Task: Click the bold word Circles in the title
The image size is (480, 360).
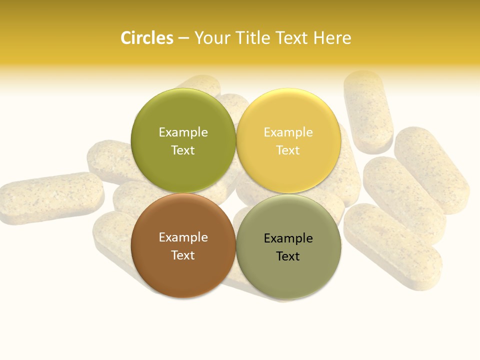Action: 146,38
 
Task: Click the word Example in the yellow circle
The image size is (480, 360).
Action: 288,132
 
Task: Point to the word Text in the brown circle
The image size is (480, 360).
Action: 183,255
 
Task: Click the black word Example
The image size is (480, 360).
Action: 288,238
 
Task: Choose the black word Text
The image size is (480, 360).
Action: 288,256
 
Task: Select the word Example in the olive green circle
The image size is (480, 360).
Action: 183,132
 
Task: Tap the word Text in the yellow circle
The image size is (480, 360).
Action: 288,150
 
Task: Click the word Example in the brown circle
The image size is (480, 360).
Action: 183,237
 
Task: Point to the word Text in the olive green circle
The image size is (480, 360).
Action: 183,150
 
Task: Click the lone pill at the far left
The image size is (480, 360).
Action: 50,197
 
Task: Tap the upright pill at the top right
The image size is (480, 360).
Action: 368,111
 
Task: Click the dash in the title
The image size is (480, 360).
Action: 183,38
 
